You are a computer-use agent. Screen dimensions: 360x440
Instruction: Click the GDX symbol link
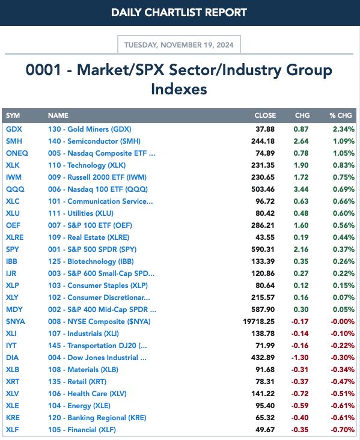coord(14,129)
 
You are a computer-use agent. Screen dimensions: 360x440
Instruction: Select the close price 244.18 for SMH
coord(263,141)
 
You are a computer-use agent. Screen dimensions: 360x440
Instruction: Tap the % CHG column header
coord(341,115)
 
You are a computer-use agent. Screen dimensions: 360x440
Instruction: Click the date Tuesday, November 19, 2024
coord(179,45)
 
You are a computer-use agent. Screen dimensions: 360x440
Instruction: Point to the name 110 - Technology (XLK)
coord(87,165)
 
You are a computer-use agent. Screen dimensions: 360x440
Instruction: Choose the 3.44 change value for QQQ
coord(301,189)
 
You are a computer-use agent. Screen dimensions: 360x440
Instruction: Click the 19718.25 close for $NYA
coord(258,322)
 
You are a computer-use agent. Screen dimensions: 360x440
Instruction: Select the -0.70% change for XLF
coord(343,430)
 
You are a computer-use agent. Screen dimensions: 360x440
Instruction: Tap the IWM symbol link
coord(14,177)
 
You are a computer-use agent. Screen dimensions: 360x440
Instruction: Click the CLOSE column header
coord(265,115)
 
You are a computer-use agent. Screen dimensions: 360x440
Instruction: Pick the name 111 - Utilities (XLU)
coord(81,213)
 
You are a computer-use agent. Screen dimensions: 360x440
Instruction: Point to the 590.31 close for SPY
coord(263,249)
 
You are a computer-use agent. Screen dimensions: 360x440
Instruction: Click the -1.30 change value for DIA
coord(300,358)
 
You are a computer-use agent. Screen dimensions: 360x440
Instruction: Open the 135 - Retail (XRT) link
coord(77,382)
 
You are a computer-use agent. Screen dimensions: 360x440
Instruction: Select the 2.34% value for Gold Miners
coord(343,129)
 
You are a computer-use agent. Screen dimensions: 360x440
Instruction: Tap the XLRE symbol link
coord(15,237)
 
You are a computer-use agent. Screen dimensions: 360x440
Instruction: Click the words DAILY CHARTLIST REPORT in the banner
coord(179,13)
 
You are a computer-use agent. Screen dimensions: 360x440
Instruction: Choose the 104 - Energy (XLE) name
coord(79,406)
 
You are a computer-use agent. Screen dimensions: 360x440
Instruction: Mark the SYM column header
coord(13,115)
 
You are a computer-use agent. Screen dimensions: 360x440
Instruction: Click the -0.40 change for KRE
coord(300,418)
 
